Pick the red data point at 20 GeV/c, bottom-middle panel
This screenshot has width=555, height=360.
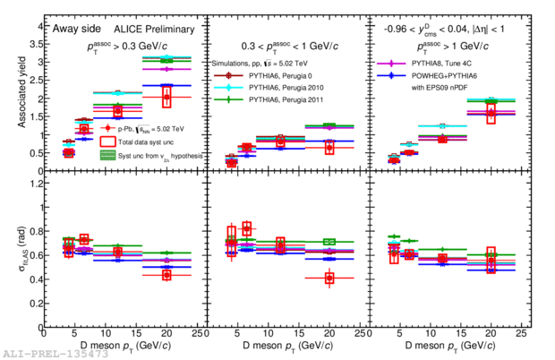click(x=329, y=278)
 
